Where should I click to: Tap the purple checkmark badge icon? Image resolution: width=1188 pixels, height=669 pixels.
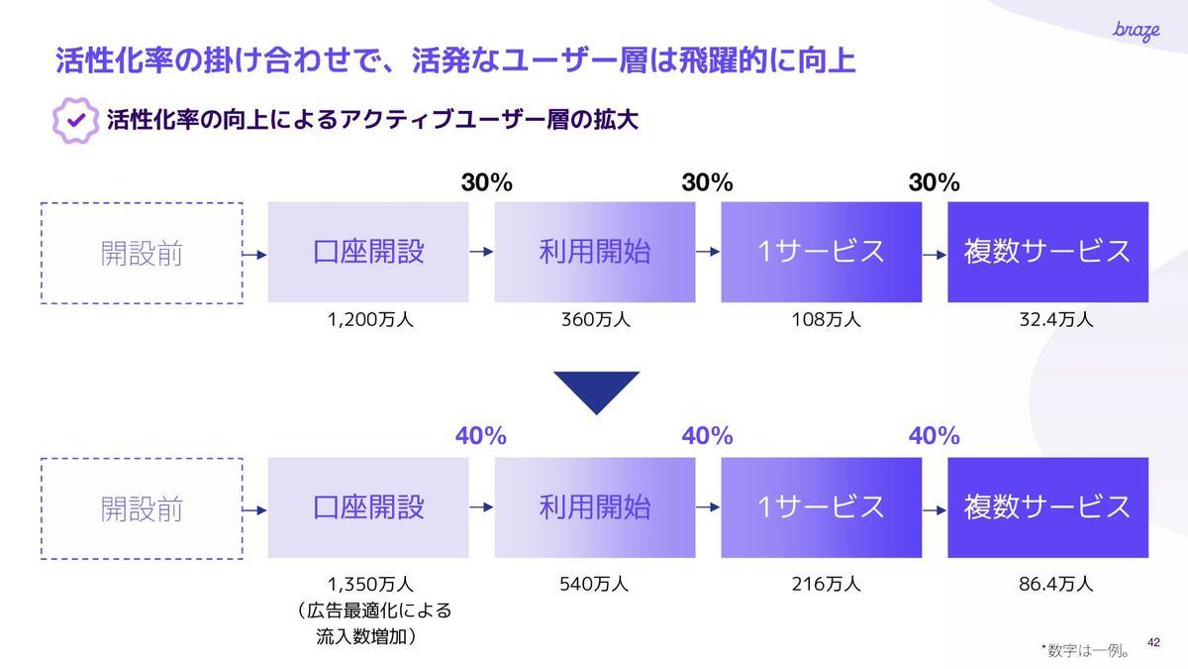click(74, 121)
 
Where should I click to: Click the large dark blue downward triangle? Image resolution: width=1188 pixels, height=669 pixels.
click(596, 391)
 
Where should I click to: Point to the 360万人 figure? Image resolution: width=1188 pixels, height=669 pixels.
click(594, 319)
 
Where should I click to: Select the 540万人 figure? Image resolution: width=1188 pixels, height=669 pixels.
click(594, 584)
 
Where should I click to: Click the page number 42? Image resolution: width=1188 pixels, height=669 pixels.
click(1152, 642)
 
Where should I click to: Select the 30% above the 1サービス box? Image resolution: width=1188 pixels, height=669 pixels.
click(707, 182)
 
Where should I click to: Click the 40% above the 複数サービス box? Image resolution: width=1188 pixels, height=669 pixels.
click(934, 435)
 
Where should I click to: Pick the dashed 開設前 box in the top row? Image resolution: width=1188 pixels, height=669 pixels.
click(142, 253)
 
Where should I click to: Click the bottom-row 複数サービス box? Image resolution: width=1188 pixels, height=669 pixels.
click(1047, 507)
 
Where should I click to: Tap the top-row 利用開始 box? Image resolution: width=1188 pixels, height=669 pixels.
click(594, 253)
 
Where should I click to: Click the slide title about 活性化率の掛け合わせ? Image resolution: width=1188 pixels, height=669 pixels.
click(455, 60)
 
